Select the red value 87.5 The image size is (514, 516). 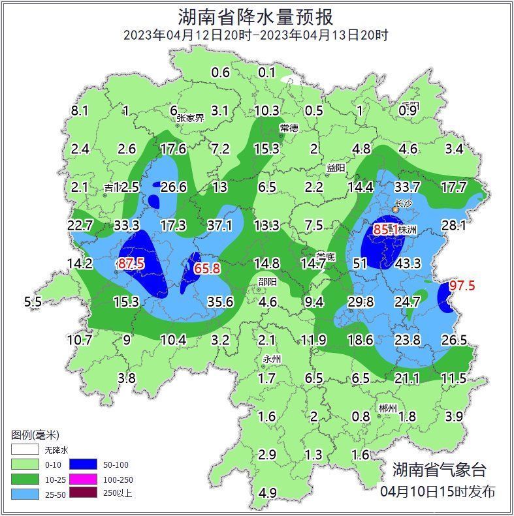[131, 263]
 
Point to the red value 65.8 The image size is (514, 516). [207, 268]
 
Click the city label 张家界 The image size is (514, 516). [190, 118]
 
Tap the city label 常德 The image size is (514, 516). [289, 127]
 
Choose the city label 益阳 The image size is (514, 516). [336, 168]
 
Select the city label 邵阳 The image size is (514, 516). [266, 281]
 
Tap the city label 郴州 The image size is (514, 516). [387, 408]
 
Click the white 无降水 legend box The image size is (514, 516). [25, 450]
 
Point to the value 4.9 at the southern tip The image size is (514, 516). [267, 493]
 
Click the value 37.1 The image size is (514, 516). [219, 225]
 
